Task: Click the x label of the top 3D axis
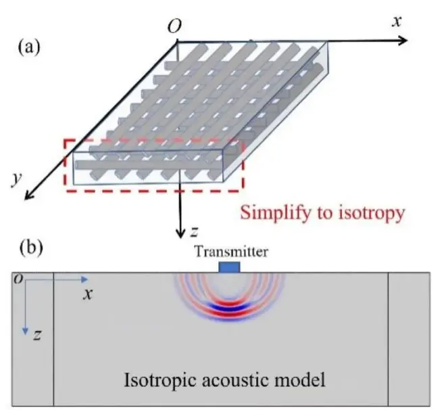tap(397, 21)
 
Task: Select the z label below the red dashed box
tap(195, 231)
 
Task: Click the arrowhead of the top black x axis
tap(403, 40)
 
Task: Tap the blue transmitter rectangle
tap(230, 268)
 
